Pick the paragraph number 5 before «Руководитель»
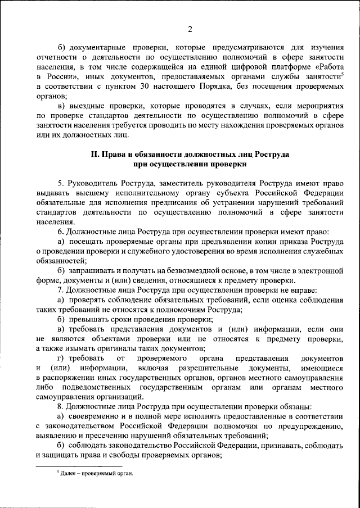[60, 184]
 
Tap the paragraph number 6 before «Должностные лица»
[60, 231]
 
